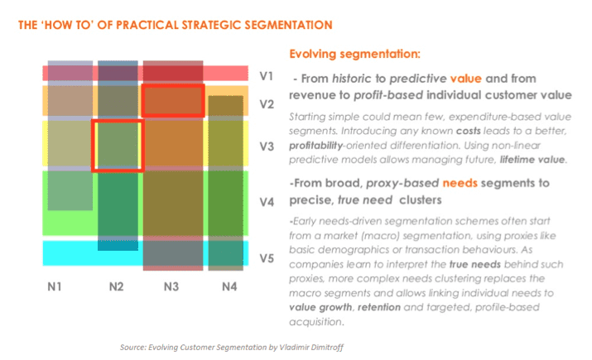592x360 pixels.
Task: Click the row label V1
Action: pyautogui.click(x=266, y=76)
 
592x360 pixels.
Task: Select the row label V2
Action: pyautogui.click(x=266, y=104)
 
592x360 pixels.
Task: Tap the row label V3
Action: pyautogui.click(x=266, y=146)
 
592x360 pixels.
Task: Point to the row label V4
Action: pyautogui.click(x=266, y=201)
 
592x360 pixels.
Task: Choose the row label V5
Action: pyautogui.click(x=266, y=257)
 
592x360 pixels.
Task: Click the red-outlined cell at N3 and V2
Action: pyautogui.click(x=172, y=100)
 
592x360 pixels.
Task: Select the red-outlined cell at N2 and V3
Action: pyautogui.click(x=117, y=146)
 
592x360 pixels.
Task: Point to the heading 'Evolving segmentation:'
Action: pyautogui.click(x=354, y=55)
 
